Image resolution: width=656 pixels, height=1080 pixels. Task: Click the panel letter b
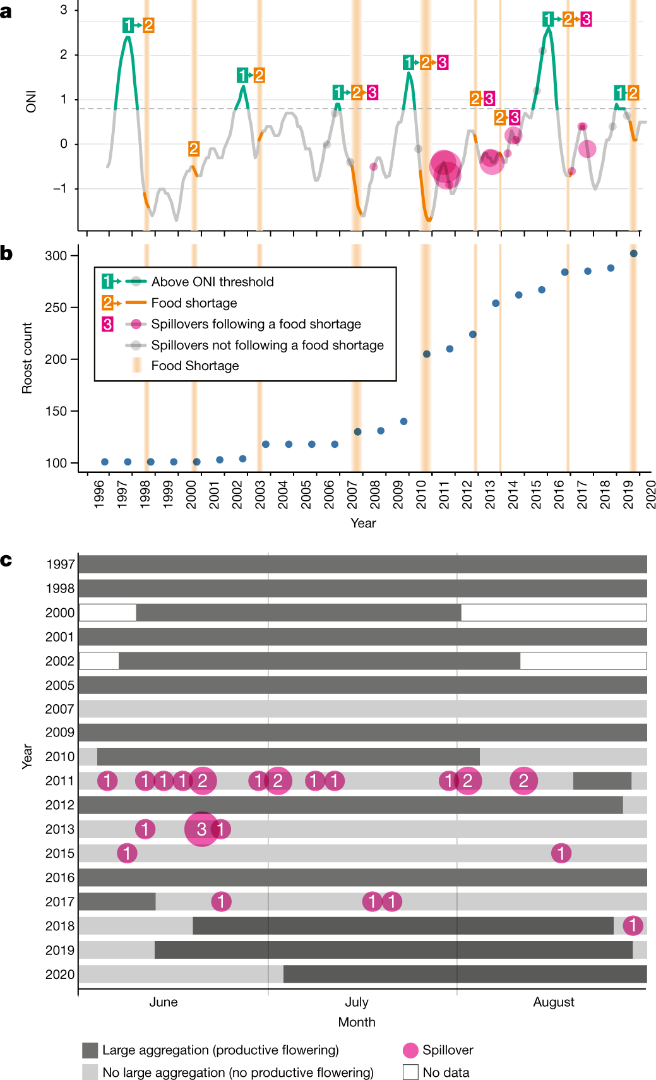coord(6,254)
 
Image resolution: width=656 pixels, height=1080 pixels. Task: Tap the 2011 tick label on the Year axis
coord(444,495)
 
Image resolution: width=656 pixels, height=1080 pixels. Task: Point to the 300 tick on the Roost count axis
coord(56,256)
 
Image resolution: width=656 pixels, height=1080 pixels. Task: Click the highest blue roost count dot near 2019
coord(633,253)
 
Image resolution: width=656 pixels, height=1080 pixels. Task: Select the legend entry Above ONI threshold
coord(212,282)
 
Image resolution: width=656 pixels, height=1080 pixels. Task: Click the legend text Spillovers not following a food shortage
coord(267,345)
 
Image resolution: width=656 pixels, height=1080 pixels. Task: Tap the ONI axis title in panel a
coord(31,102)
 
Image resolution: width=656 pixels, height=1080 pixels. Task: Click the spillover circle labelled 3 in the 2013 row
coord(201,829)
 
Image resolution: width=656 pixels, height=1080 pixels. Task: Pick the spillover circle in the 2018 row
coord(633,926)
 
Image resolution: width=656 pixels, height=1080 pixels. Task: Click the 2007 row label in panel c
coord(59,709)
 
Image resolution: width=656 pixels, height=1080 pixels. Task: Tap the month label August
coord(554,1002)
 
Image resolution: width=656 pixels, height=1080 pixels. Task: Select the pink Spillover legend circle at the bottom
coord(410,1050)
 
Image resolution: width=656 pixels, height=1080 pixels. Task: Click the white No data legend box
coord(410,1072)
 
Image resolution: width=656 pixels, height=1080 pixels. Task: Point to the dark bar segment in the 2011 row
coord(602,781)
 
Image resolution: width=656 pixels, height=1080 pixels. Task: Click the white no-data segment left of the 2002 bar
coord(99,661)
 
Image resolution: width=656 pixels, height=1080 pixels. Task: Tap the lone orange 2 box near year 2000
coord(194,149)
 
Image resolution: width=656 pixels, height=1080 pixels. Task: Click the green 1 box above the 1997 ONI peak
coord(129,25)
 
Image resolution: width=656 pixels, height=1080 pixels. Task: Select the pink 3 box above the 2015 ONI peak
coord(586,20)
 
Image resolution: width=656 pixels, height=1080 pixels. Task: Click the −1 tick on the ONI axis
coord(60,189)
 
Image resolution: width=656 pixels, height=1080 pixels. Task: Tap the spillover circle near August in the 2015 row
coord(561,853)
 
